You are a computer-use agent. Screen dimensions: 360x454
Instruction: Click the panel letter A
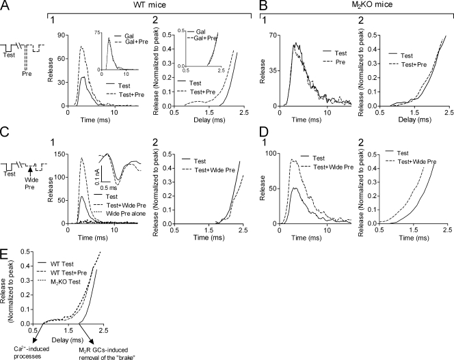click(x=6, y=6)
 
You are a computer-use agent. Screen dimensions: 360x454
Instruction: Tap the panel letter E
click(x=6, y=240)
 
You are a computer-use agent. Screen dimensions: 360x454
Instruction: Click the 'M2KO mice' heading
click(x=354, y=6)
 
